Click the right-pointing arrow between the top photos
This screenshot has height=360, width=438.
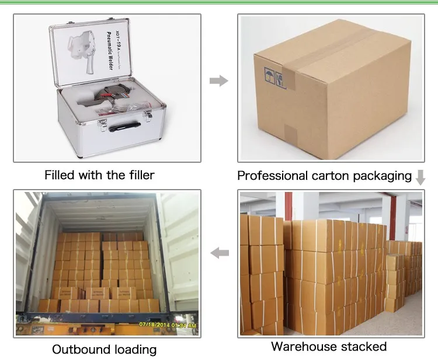218,81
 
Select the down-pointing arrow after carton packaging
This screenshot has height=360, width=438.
420,177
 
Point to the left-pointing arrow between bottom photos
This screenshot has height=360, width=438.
219,253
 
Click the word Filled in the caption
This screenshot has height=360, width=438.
60,175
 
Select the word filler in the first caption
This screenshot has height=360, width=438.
141,175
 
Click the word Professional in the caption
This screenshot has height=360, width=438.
272,176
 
